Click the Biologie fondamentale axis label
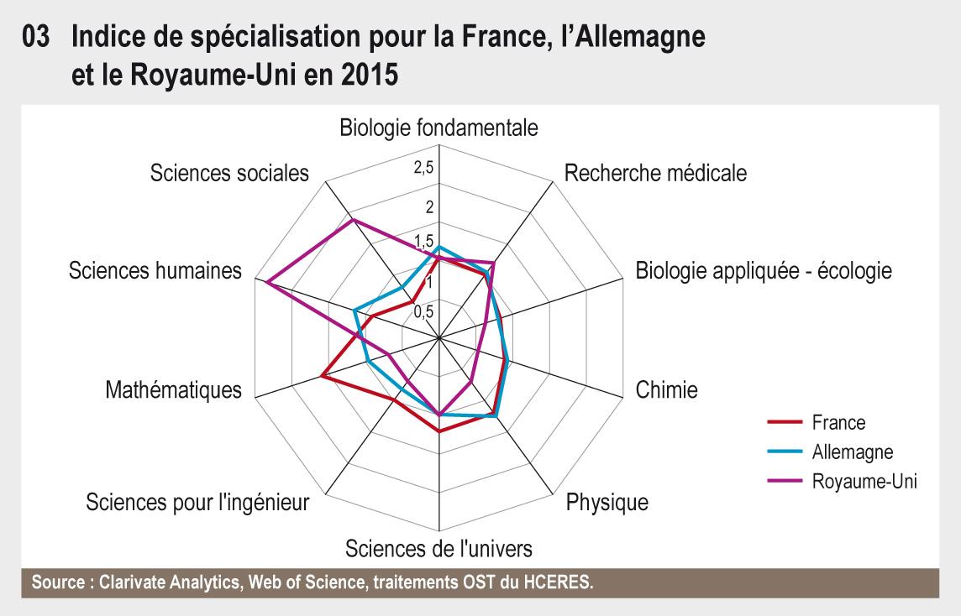click(438, 128)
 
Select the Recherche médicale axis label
click(655, 174)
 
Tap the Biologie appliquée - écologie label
click(764, 271)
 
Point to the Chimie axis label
click(667, 390)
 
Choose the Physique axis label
click(607, 503)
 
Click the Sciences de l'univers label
click(438, 550)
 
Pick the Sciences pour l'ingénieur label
click(198, 503)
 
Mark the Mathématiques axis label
click(174, 390)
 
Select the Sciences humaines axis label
click(155, 271)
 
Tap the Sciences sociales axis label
click(229, 174)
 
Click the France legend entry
click(838, 423)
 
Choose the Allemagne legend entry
click(852, 452)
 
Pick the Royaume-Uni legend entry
click(864, 482)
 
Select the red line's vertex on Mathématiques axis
click(322, 377)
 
